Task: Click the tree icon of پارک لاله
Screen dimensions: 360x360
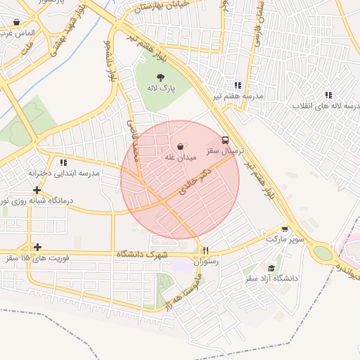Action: (x=161, y=77)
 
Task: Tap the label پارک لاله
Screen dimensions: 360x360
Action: (x=160, y=89)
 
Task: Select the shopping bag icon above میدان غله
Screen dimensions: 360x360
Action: (x=181, y=146)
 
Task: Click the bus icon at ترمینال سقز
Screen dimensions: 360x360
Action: (x=225, y=140)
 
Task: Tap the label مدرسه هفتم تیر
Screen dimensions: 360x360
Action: (x=242, y=95)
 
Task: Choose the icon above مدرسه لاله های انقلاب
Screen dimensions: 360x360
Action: (x=328, y=95)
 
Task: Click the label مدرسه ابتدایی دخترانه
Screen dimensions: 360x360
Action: (x=64, y=173)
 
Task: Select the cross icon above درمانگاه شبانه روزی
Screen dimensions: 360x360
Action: (x=37, y=190)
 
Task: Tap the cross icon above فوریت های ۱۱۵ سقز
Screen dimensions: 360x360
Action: (x=37, y=247)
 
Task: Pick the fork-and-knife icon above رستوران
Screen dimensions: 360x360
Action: (x=205, y=250)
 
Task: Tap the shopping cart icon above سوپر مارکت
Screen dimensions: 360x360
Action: (x=284, y=229)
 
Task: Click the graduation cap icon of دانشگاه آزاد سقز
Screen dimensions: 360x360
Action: (x=271, y=268)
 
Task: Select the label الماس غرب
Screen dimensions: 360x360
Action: (x=15, y=33)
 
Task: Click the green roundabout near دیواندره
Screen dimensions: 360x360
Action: (x=323, y=252)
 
